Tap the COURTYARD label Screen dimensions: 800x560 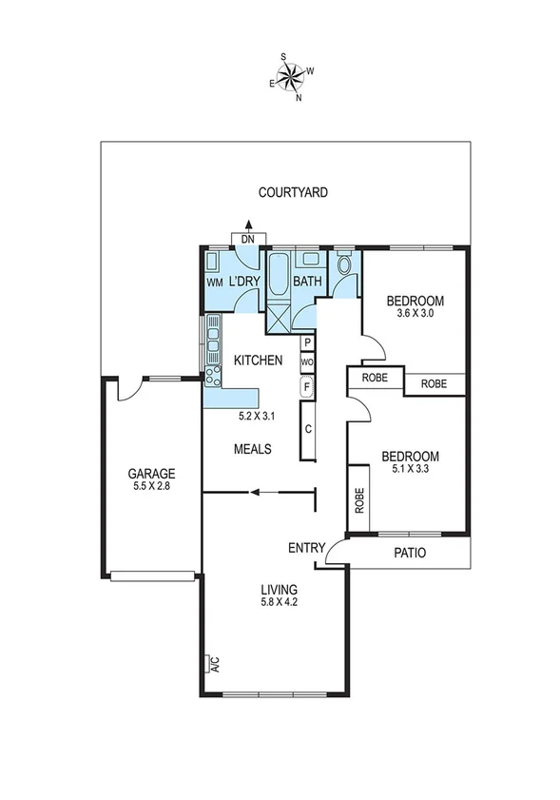293,192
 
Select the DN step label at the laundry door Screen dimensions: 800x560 247,240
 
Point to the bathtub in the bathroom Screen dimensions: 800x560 280,276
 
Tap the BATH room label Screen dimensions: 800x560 307,282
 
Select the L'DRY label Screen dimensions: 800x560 244,282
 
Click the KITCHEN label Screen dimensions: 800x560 258,361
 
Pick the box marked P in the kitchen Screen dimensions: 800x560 308,343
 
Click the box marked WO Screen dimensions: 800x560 308,362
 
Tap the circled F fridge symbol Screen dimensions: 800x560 308,386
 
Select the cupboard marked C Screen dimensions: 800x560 309,428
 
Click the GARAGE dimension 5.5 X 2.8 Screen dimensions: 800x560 152,486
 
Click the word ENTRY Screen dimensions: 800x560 306,548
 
